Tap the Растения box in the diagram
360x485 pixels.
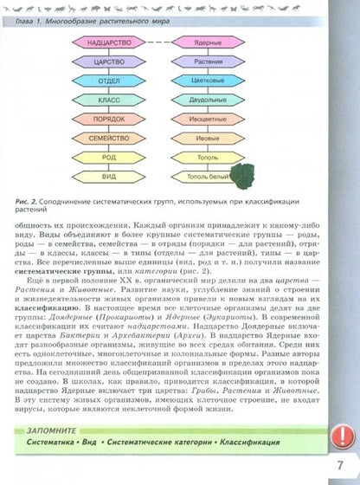[x=205, y=62]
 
